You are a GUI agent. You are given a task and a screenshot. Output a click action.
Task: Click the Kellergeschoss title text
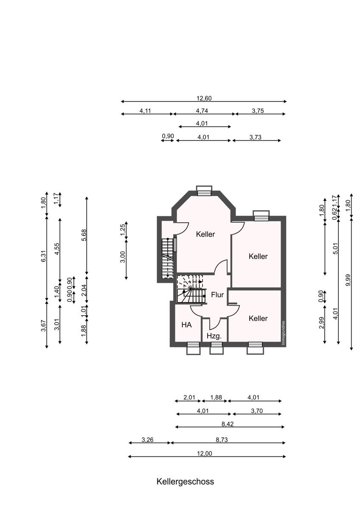[x=185, y=481]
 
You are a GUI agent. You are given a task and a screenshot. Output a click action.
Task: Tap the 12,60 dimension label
[x=204, y=98]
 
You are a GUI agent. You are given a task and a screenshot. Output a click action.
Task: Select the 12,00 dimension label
[x=204, y=453]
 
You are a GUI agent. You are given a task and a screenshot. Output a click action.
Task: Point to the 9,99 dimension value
[x=348, y=280]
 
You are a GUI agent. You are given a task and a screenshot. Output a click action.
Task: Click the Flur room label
[x=217, y=295]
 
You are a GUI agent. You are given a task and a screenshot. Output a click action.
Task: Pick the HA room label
[x=186, y=325]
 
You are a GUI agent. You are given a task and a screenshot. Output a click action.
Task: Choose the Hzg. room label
[x=214, y=336]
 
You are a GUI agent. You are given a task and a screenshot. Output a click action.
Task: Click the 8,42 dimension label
[x=228, y=424]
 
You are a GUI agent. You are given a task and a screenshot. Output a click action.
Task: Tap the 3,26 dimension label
[x=147, y=440]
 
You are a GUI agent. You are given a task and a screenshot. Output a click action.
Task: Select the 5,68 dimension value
[x=84, y=236]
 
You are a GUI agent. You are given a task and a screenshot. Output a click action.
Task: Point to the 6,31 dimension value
[x=43, y=256]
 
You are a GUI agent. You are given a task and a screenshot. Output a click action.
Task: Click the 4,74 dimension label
[x=202, y=111]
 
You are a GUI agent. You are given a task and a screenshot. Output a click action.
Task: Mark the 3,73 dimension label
[x=255, y=137]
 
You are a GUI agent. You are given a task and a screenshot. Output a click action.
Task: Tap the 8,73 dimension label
[x=222, y=440]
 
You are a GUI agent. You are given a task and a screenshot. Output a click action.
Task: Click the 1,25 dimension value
[x=122, y=230]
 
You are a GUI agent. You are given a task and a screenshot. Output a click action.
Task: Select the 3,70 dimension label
[x=257, y=411]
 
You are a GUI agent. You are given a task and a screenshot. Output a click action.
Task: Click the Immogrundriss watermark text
[x=283, y=333]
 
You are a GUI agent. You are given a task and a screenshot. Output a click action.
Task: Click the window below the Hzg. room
[x=217, y=348]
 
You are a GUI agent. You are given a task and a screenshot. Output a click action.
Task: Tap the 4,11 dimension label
[x=145, y=111]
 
